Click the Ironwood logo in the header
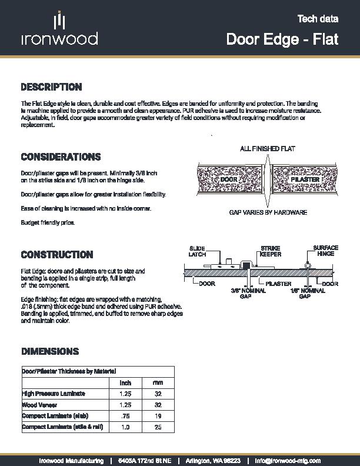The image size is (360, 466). click(59, 30)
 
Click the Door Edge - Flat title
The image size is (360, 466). click(282, 39)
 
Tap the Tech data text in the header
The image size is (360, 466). click(318, 19)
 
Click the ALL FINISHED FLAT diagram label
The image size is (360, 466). click(266, 149)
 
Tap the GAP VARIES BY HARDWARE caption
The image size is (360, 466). click(268, 212)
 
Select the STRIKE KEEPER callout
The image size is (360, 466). click(271, 251)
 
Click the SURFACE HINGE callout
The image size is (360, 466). click(325, 251)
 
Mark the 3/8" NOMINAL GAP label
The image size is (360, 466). click(245, 294)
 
